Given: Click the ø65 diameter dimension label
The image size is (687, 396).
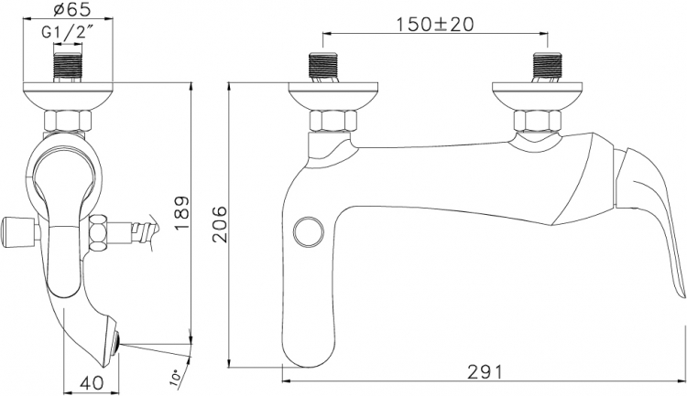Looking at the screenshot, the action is point(68,10).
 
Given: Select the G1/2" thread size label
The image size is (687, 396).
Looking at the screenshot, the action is point(69,32).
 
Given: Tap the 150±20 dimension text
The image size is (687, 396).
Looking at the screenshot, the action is point(435,24).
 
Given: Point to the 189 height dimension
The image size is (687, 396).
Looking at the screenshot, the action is point(182,213).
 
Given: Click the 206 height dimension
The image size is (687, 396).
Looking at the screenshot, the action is point(219,224).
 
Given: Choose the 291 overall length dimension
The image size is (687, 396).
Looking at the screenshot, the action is point(485,372).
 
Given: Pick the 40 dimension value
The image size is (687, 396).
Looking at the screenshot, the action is point(93,383).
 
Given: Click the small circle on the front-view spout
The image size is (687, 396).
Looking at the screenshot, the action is point(308,231).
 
